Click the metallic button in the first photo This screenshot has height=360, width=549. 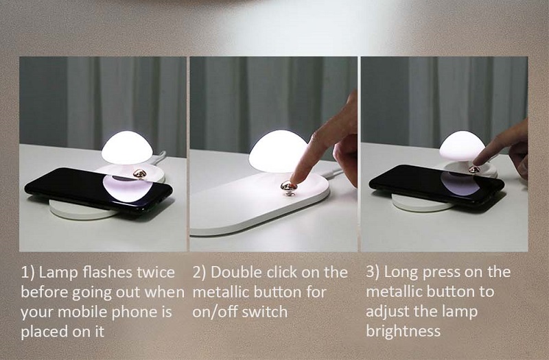click(x=140, y=173)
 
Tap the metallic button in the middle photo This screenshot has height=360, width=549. click(x=289, y=187)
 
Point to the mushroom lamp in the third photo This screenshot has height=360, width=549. click(x=462, y=145)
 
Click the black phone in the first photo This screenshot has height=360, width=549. click(x=98, y=189)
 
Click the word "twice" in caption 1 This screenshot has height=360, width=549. click(x=156, y=272)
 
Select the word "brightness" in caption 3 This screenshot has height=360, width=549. click(x=403, y=331)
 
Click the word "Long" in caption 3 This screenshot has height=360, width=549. click(x=401, y=272)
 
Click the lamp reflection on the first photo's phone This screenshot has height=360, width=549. click(x=127, y=188)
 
